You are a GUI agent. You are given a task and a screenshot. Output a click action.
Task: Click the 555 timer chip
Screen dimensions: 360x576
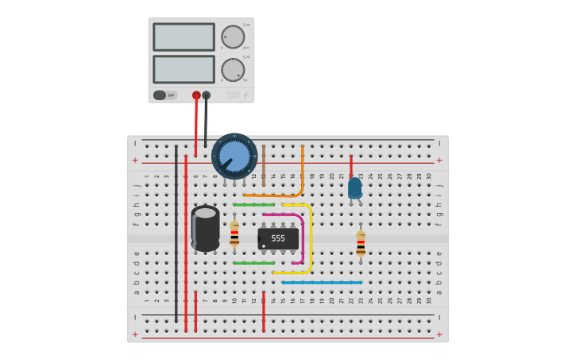(278, 238)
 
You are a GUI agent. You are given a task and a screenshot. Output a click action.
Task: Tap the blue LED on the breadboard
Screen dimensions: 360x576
(354, 188)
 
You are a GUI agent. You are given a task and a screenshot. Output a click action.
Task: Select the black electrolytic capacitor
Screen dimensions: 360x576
(206, 228)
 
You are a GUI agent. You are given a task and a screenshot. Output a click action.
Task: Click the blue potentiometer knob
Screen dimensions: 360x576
(234, 155)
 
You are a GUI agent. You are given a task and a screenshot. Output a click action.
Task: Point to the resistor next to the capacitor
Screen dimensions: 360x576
(234, 234)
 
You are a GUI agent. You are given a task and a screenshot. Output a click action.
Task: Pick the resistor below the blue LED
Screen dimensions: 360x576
(361, 242)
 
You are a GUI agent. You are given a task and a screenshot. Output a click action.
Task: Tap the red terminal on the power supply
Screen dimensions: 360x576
(196, 95)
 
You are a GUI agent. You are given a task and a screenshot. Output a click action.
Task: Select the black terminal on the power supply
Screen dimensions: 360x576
(207, 95)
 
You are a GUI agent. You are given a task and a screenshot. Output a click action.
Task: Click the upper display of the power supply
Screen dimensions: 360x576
(184, 37)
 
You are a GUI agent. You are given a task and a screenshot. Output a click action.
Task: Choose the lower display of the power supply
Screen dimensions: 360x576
(184, 69)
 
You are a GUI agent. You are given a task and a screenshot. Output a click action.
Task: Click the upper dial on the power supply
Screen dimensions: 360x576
(233, 37)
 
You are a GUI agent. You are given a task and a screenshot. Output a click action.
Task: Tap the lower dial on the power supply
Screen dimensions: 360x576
(233, 70)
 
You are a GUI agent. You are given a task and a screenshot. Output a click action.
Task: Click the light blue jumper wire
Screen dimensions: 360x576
(322, 282)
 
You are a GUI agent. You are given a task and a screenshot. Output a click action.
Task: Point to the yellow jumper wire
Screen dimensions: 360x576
(310, 238)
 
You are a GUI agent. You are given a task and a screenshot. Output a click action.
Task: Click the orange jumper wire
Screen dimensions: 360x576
(301, 175)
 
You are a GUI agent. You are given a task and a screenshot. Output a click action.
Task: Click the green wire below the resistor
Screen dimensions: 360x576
(253, 263)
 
